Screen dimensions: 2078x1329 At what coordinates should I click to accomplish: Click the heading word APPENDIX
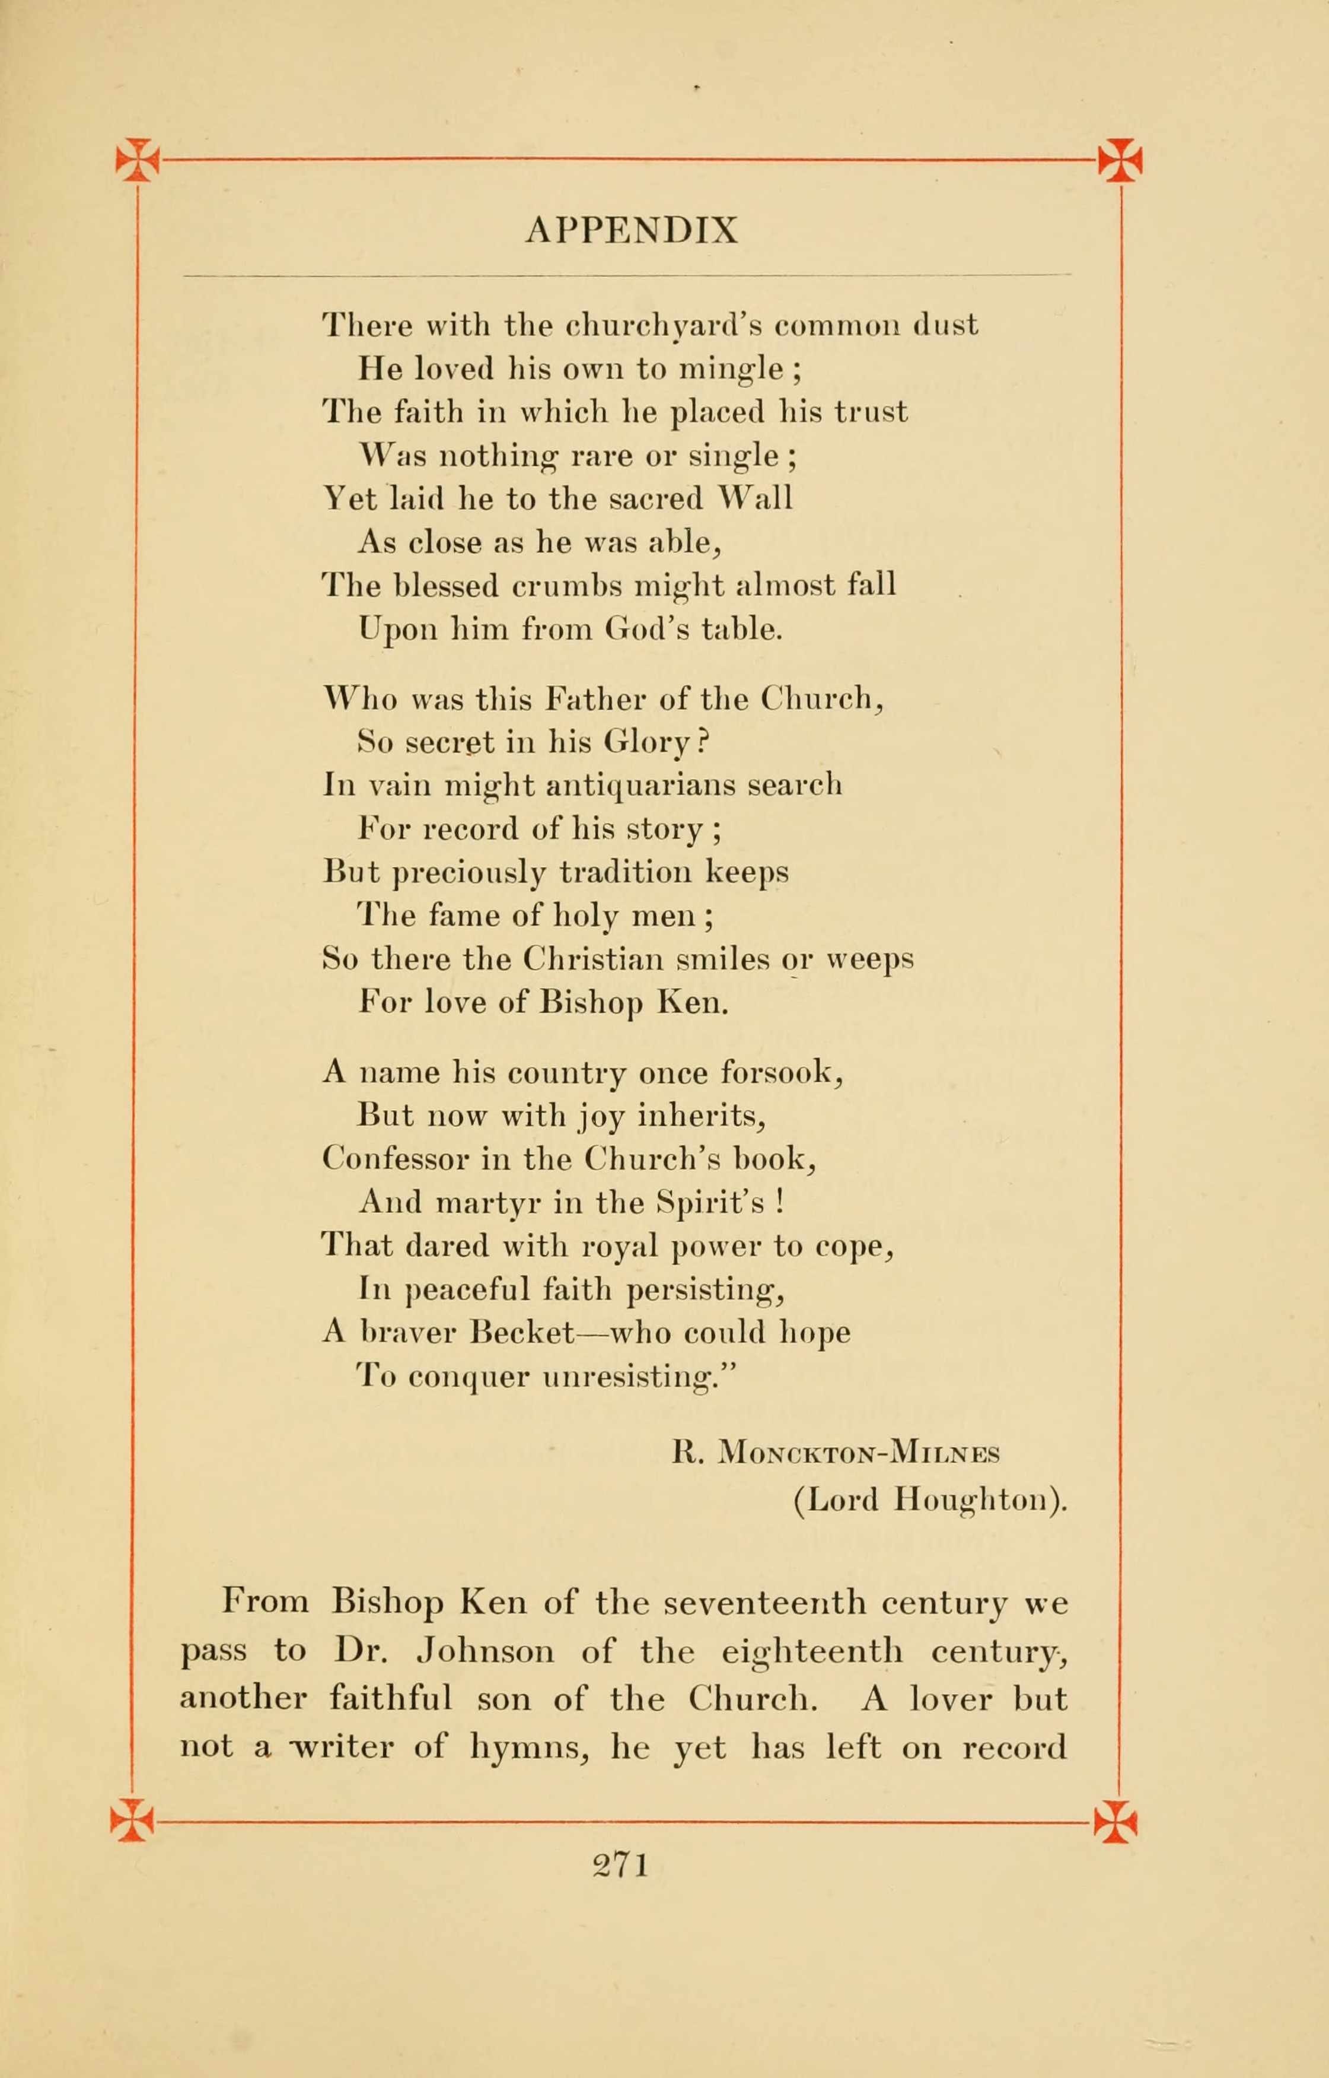coord(632,230)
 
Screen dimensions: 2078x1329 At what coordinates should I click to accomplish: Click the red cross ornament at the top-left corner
coord(137,160)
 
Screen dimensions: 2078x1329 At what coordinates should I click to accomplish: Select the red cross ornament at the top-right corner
coord(1120,160)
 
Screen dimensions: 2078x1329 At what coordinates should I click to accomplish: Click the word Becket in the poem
coord(522,1332)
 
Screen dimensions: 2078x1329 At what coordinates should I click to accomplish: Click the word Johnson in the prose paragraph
coord(486,1651)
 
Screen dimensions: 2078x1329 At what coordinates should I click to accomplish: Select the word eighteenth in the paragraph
coord(812,1651)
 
